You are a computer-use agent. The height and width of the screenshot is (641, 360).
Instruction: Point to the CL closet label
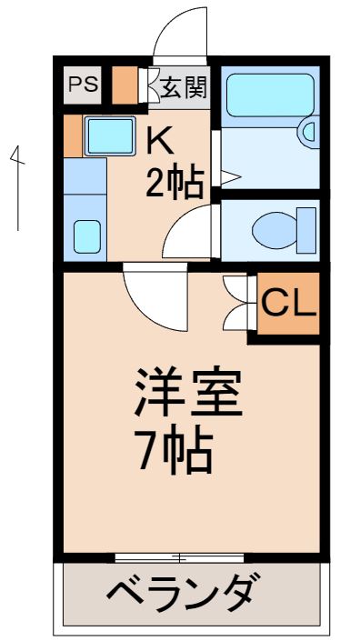click(x=289, y=302)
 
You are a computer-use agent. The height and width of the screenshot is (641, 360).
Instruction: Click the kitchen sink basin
click(x=109, y=135)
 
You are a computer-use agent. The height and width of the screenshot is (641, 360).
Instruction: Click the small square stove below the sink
click(x=86, y=235)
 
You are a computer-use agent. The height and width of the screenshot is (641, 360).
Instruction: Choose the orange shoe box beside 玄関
click(x=125, y=85)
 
